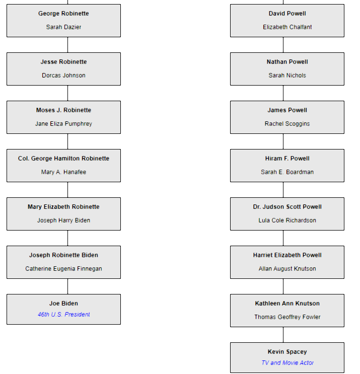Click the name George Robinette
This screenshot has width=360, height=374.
point(63,14)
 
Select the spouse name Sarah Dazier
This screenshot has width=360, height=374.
point(63,27)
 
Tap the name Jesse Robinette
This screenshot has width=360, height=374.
point(63,62)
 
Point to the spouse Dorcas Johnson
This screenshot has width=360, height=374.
point(63,76)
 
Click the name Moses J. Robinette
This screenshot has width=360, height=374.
point(63,110)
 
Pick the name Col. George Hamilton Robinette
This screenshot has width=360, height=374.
point(63,159)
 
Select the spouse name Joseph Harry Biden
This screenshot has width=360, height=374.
point(63,220)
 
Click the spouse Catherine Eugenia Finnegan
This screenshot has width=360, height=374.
point(63,269)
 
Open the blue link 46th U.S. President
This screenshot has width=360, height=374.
point(63,315)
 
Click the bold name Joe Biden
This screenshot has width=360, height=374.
point(63,304)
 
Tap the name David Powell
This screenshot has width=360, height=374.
point(287,14)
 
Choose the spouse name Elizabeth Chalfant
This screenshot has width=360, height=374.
point(287,27)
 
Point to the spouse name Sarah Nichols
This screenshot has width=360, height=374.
point(287,76)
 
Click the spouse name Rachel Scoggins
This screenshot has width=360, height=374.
point(287,124)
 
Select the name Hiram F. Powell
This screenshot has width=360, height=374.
point(287,159)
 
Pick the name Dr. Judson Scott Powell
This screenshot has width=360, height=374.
point(287,207)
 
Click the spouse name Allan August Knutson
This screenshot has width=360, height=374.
point(287,269)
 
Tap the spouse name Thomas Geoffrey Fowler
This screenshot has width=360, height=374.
point(287,317)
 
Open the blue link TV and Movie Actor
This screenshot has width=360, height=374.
point(287,363)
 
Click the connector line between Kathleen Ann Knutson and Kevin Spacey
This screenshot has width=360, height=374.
point(283,335)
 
